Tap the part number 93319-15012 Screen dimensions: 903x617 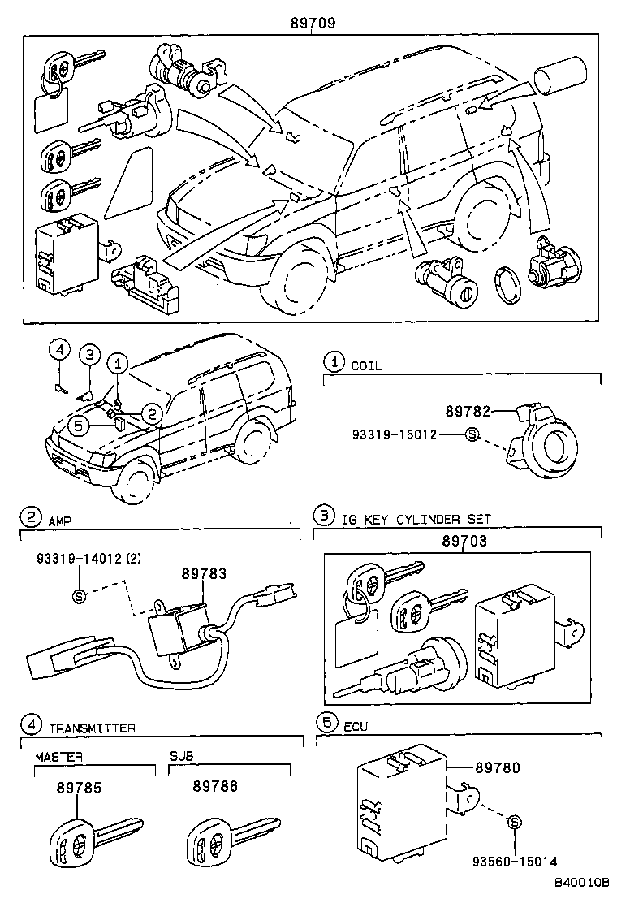click(395, 434)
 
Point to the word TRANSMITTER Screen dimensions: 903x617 click(92, 728)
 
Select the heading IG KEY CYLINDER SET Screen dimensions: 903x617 click(416, 519)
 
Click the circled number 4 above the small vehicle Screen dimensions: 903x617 click(59, 349)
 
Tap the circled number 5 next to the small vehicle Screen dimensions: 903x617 click(78, 423)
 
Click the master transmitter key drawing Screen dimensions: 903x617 click(93, 836)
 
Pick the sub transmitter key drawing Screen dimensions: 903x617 click(229, 836)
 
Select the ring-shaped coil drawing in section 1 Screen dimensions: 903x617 click(545, 443)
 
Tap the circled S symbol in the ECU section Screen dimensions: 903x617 click(513, 823)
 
